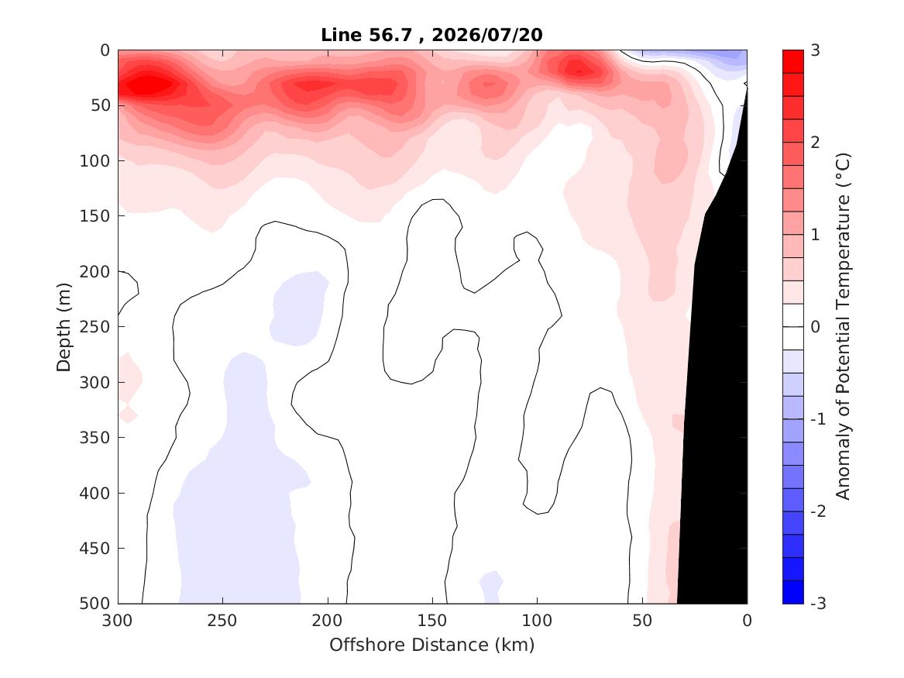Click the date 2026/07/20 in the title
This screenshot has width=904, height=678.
click(486, 35)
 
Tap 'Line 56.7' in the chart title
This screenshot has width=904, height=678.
click(366, 35)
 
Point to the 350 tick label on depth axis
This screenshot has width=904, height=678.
click(95, 438)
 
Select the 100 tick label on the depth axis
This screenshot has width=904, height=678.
click(95, 161)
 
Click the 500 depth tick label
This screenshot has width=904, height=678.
click(95, 604)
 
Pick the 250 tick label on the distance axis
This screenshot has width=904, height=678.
click(222, 621)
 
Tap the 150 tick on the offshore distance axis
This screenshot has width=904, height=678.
click(432, 621)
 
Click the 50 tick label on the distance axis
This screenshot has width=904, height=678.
click(642, 621)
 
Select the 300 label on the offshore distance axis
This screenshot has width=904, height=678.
click(118, 621)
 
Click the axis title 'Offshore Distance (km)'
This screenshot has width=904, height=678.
click(432, 645)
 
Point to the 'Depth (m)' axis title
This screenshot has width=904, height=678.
click(64, 327)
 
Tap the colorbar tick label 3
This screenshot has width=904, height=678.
click(815, 50)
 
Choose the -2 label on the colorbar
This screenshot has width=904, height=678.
click(818, 511)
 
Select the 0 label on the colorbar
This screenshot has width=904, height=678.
click(815, 327)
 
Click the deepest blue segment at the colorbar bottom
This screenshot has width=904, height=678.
click(792, 592)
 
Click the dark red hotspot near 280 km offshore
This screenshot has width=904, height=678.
click(149, 85)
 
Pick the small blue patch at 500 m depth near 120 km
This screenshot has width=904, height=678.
click(491, 588)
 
